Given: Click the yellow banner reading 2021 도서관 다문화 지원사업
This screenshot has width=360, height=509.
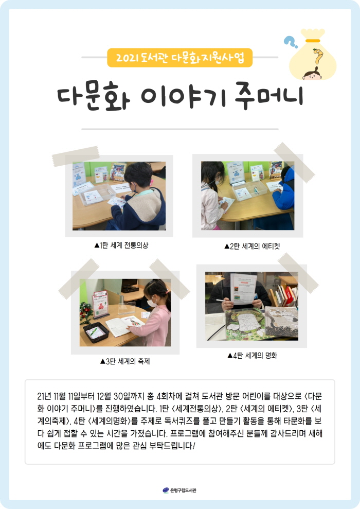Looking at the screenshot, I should coord(180,58).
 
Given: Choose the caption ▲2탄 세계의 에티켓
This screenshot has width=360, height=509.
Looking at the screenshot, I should coord(251,246).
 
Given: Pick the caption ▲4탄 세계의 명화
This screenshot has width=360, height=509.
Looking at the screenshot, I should coord(256,355).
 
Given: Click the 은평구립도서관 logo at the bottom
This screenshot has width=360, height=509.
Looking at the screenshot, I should coord(179,490).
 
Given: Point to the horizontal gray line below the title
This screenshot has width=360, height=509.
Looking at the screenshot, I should coord(180,129).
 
